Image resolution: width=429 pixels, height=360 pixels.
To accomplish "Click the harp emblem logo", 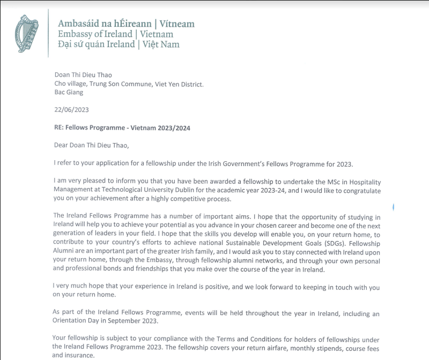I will coord(26,34).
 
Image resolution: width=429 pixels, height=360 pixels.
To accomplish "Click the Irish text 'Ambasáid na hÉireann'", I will coord(104,24).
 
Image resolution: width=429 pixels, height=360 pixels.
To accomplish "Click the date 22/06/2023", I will coord(71,110).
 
